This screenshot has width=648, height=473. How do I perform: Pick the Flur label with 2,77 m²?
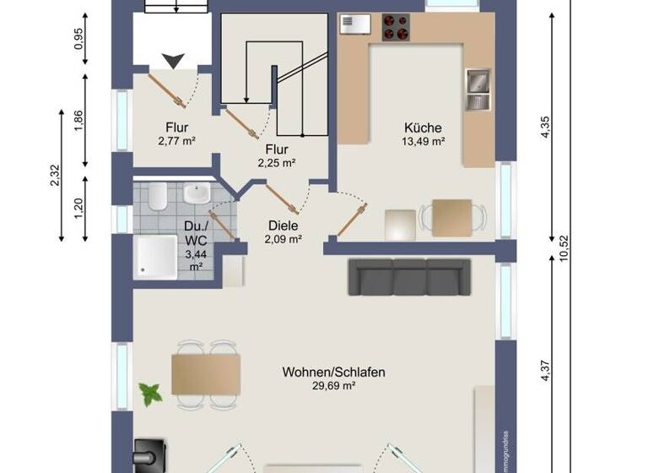tap(176, 128)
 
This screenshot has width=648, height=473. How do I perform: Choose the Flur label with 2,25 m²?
tap(276, 150)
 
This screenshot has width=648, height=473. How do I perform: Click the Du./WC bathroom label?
tap(195, 233)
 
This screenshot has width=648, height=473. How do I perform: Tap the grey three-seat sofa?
tap(409, 277)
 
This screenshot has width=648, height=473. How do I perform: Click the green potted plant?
tap(150, 393)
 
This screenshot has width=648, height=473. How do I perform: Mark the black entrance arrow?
tap(175, 60)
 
